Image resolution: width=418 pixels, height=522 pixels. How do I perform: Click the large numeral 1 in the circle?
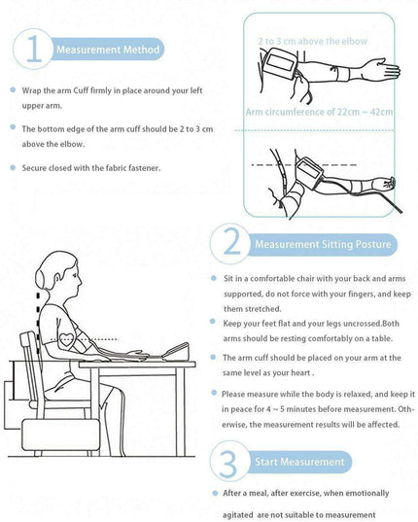click(x=34, y=49)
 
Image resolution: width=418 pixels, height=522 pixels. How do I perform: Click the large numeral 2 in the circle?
click(x=232, y=242)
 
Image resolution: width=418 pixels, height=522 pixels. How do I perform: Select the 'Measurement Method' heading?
click(x=108, y=50)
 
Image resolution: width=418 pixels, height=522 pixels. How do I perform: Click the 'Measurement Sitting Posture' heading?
click(x=323, y=244)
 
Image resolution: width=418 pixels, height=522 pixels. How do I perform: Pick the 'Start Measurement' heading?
click(x=299, y=462)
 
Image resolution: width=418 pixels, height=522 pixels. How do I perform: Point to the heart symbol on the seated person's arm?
click(x=66, y=339)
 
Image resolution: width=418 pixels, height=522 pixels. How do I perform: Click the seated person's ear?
click(x=58, y=278)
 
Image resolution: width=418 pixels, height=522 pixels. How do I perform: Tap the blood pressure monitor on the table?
click(x=176, y=352)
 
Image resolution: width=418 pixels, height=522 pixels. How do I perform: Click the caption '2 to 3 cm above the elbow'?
click(x=312, y=41)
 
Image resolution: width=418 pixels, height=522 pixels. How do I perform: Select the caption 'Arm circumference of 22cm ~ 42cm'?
click(x=319, y=112)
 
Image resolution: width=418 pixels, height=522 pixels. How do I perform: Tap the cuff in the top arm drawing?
click(x=280, y=63)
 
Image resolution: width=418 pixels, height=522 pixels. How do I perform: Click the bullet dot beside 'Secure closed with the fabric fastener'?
click(x=13, y=167)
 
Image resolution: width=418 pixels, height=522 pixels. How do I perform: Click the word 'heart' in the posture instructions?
click(x=299, y=372)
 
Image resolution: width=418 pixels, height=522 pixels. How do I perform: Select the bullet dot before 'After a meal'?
click(x=215, y=493)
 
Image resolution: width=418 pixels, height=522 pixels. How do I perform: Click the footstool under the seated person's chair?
click(x=60, y=435)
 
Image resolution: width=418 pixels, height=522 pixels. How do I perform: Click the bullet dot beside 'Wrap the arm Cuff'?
click(x=13, y=89)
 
